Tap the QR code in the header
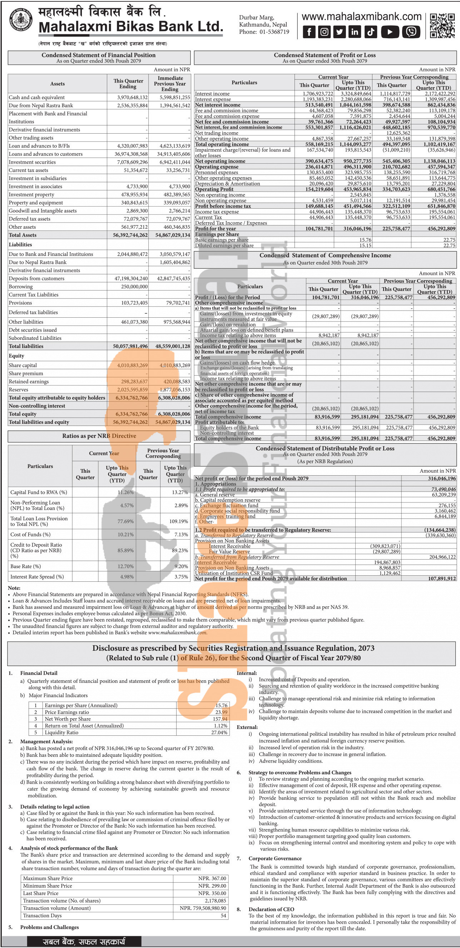(442, 26)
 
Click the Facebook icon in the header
(309, 32)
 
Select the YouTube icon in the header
(390, 32)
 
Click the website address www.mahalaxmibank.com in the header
(361, 16)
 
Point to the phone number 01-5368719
(274, 32)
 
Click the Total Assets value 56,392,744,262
(130, 235)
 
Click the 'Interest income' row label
(212, 94)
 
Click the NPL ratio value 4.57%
(127, 506)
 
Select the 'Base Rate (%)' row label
(25, 566)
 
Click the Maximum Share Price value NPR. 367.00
(212, 878)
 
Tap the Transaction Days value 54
(223, 915)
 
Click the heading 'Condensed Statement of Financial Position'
(99, 55)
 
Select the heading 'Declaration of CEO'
(271, 909)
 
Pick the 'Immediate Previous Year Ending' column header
(170, 84)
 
